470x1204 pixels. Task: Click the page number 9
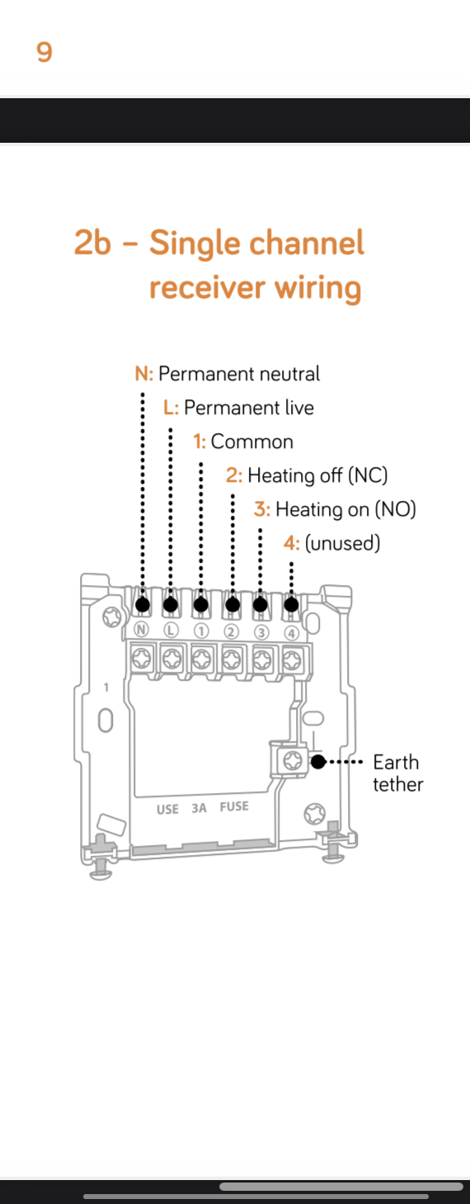(x=44, y=52)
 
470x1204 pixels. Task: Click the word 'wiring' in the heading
(x=317, y=288)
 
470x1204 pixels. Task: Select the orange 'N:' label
(x=144, y=374)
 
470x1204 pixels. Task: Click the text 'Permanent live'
(x=249, y=408)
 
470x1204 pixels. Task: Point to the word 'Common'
(x=252, y=441)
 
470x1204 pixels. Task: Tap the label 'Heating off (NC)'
(x=317, y=475)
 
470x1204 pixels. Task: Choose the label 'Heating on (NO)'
(x=346, y=509)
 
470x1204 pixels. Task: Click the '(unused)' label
(x=343, y=543)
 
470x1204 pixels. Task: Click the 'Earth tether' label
(x=398, y=773)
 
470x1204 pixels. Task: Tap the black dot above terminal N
(x=143, y=605)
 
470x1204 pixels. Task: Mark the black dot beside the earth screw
(x=318, y=762)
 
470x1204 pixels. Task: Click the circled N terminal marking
(x=141, y=630)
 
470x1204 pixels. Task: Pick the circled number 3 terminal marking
(x=261, y=632)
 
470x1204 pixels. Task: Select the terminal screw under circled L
(x=172, y=658)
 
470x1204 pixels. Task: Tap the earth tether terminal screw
(x=293, y=761)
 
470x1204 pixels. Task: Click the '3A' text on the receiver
(x=199, y=808)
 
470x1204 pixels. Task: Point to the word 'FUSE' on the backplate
(x=234, y=806)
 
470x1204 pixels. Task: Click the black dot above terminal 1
(x=201, y=605)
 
